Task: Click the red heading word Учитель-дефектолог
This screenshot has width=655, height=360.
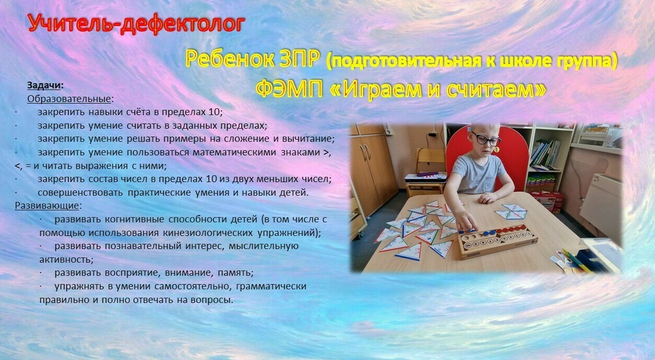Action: [137, 24]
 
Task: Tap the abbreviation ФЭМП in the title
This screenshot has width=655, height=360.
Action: [289, 88]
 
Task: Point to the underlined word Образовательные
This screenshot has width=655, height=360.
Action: [69, 99]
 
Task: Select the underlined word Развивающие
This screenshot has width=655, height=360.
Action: [47, 206]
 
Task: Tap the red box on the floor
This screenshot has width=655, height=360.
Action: [546, 201]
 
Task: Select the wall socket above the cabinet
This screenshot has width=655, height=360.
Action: [389, 132]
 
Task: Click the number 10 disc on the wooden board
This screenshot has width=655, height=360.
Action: [468, 245]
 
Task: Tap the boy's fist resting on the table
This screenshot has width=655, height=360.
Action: [487, 198]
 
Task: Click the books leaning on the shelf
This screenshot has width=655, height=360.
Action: [545, 154]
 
